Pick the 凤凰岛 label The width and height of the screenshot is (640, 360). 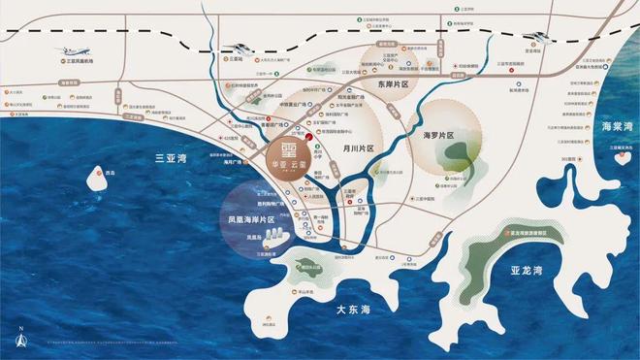(x=255, y=236)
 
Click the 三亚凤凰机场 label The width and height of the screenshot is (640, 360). (x=84, y=62)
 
